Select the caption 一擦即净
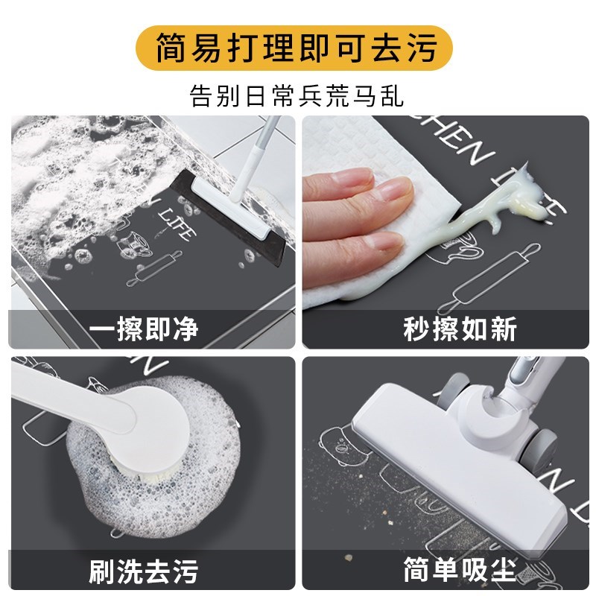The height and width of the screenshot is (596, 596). click(144, 329)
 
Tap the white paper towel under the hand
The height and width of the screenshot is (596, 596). click(350, 246)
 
